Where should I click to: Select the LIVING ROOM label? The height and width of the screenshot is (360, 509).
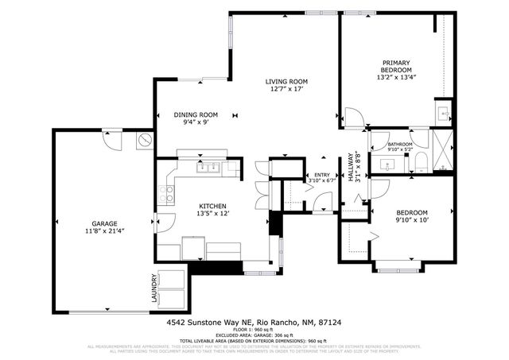(286, 82)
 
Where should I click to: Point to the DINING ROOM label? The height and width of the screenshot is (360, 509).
(196, 114)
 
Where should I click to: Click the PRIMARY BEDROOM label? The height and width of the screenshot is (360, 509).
(395, 67)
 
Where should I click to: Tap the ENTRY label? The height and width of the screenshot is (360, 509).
(321, 175)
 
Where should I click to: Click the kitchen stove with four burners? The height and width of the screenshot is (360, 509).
(166, 194)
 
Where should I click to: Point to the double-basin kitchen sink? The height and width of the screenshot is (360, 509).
(209, 168)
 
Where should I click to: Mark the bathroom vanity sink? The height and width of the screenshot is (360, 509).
(388, 165)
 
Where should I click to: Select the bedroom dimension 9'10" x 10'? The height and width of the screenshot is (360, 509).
(412, 221)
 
